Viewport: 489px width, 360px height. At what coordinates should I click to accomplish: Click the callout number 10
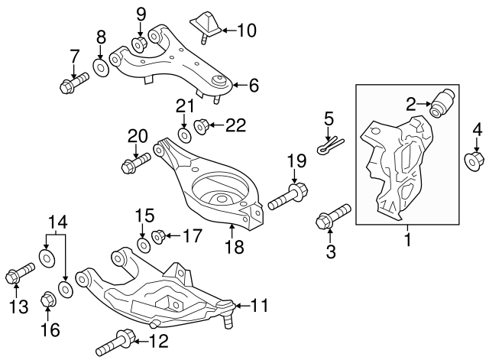[x=247, y=31]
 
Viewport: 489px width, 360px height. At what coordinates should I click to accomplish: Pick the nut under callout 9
[x=141, y=44]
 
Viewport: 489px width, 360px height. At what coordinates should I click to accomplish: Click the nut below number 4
[x=474, y=161]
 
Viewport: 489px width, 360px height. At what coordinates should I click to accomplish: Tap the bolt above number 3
[x=332, y=217]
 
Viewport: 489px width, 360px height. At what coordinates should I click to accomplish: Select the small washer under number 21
[x=184, y=135]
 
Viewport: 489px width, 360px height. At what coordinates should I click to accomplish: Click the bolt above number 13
[x=20, y=273]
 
